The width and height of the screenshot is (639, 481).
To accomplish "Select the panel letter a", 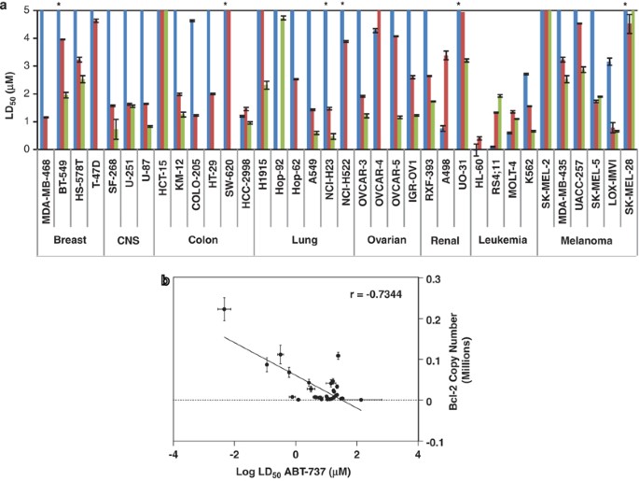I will (7, 6).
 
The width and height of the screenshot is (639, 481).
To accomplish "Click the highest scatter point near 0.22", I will (225, 308).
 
